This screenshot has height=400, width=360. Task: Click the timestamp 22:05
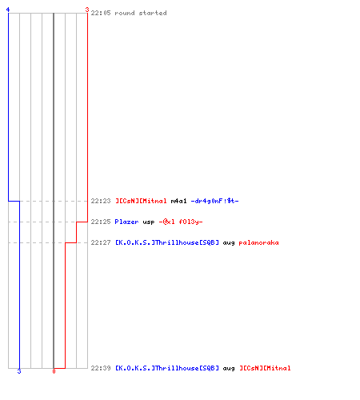pyautogui.click(x=101, y=13)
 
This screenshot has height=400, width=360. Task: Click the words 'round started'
pyautogui.click(x=141, y=13)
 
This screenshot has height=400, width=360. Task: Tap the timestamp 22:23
pyautogui.click(x=101, y=201)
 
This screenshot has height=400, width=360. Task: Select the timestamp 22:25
pyautogui.click(x=101, y=222)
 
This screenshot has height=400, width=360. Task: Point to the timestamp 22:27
pyautogui.click(x=101, y=242)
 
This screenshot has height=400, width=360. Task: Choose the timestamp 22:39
pyautogui.click(x=101, y=368)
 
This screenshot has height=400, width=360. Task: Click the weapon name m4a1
pyautogui.click(x=178, y=201)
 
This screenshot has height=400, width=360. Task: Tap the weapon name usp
pyautogui.click(x=149, y=222)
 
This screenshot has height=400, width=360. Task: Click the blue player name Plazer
pyautogui.click(x=126, y=222)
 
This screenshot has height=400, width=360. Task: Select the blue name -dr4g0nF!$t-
pyautogui.click(x=214, y=201)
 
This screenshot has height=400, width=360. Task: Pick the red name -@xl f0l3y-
pyautogui.click(x=181, y=222)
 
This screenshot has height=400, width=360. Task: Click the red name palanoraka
pyautogui.click(x=258, y=243)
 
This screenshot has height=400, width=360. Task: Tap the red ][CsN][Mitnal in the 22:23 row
pyautogui.click(x=141, y=201)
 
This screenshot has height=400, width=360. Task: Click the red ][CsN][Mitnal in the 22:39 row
pyautogui.click(x=265, y=368)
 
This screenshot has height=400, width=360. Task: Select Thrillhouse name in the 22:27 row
pyautogui.click(x=167, y=242)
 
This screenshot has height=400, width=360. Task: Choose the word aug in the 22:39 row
pyautogui.click(x=229, y=369)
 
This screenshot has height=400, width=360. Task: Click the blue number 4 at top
pyautogui.click(x=8, y=10)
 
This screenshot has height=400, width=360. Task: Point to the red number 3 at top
pyautogui.click(x=87, y=10)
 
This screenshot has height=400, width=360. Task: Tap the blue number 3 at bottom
pyautogui.click(x=19, y=371)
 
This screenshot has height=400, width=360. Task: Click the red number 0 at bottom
pyautogui.click(x=54, y=371)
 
